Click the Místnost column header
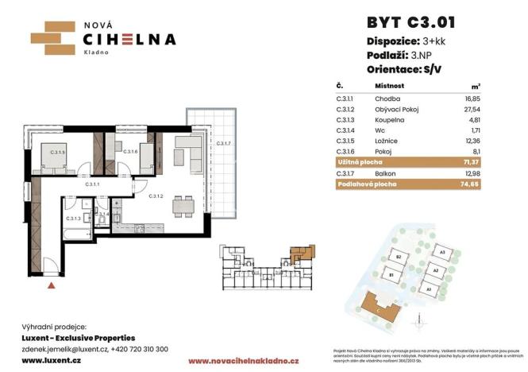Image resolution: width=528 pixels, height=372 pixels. pos(390,85)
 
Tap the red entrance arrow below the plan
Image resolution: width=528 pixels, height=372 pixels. pos(52,282)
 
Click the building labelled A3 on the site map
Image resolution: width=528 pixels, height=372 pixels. pos(442,252)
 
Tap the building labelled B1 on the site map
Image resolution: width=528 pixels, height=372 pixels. pos(392,274)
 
